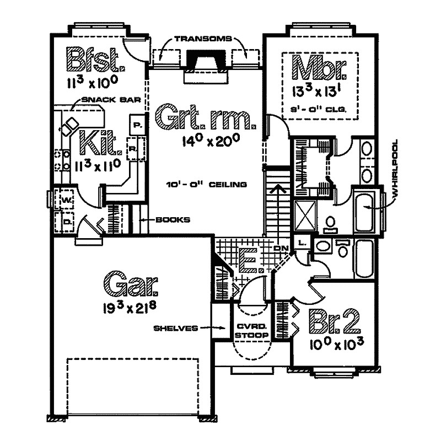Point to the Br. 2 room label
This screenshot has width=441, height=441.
point(334,321)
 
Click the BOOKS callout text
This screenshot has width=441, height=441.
point(172,219)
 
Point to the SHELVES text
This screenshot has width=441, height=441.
point(176,328)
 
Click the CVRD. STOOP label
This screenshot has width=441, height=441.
point(251,331)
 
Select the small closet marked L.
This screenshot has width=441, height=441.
point(302,243)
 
